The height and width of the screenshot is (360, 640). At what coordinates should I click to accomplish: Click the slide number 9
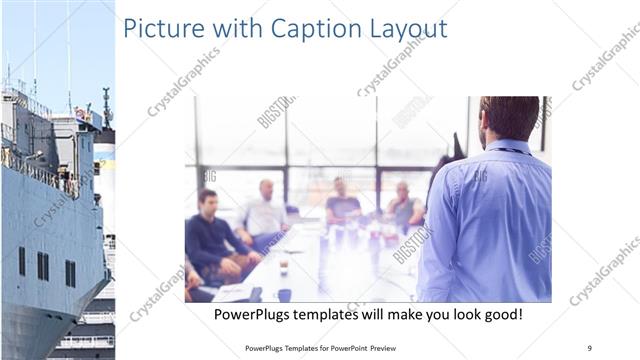[590, 347]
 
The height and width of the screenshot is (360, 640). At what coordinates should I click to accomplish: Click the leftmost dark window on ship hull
[21, 261]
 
